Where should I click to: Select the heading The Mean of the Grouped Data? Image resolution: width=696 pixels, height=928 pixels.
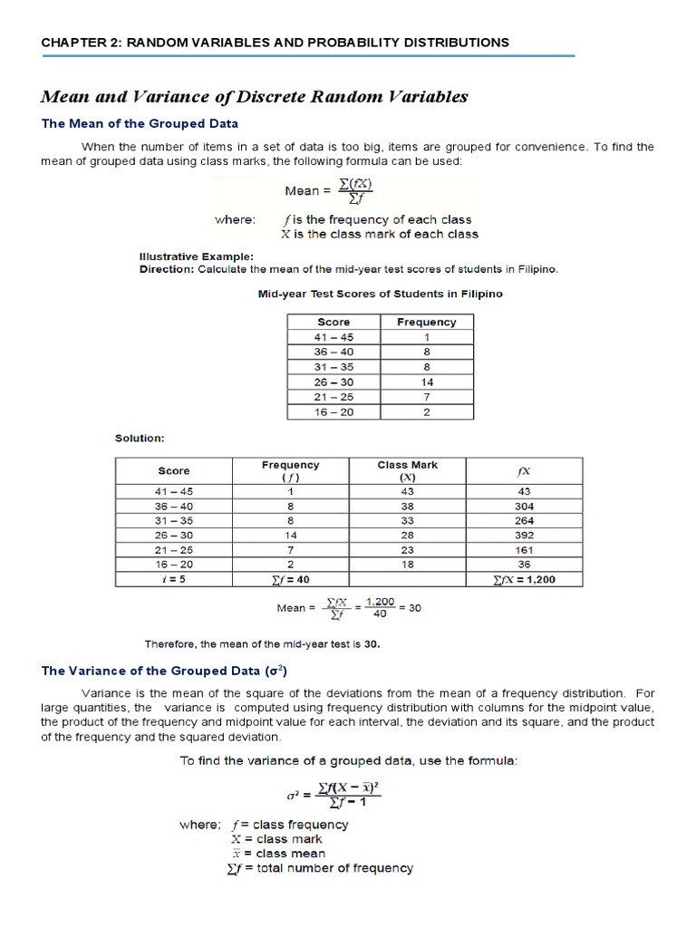(140, 123)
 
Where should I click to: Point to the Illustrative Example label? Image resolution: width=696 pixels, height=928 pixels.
(196, 256)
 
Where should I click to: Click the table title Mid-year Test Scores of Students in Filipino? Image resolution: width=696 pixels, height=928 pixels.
(381, 294)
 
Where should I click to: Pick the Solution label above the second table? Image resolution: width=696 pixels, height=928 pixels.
(140, 438)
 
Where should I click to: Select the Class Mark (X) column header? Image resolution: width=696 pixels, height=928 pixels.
(407, 470)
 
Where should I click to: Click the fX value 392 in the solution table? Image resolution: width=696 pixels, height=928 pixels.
(523, 535)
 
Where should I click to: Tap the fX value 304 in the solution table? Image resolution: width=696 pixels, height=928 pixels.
(523, 506)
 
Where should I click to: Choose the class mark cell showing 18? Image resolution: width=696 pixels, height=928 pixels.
(407, 564)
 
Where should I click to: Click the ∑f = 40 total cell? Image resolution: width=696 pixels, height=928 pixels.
(290, 578)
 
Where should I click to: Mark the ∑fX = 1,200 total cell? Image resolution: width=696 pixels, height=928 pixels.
(523, 578)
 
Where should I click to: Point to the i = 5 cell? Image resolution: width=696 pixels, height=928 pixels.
(174, 578)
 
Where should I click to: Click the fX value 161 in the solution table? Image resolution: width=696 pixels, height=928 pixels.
(523, 549)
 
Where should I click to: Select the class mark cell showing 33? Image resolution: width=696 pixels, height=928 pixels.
(407, 520)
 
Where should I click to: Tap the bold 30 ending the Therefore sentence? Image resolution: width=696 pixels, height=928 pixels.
(372, 644)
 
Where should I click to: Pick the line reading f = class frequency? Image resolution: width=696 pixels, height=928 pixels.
(289, 825)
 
